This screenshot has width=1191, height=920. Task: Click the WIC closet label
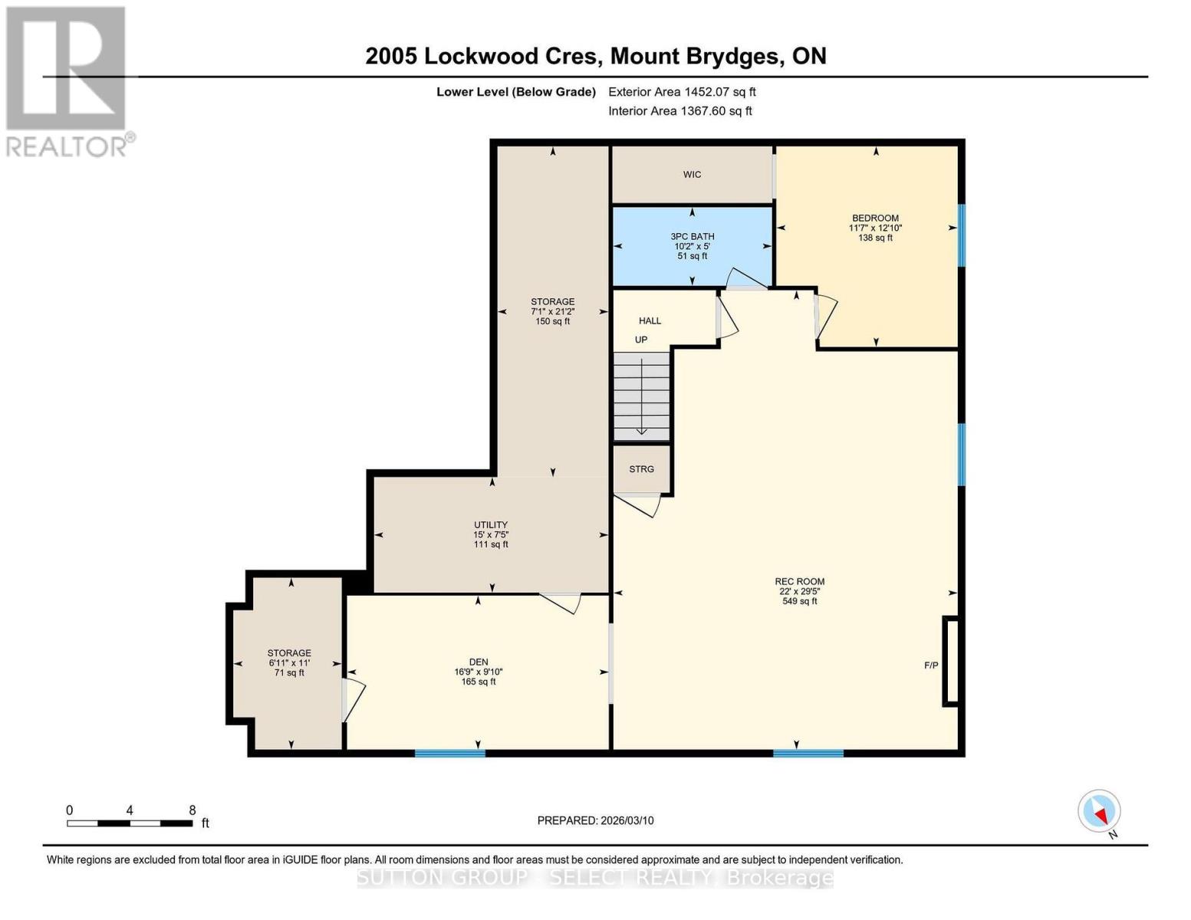(692, 175)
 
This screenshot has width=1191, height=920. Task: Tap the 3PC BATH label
(692, 237)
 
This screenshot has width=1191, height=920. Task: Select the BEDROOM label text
(875, 219)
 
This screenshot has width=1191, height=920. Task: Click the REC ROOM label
(799, 582)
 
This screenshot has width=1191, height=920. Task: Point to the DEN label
(479, 662)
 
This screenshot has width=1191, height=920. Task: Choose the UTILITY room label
(491, 525)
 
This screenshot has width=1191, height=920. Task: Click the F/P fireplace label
(931, 665)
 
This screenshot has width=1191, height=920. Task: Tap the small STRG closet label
(642, 469)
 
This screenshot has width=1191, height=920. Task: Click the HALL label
(650, 321)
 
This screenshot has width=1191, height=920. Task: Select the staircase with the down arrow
(642, 396)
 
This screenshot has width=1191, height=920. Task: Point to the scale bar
(130, 823)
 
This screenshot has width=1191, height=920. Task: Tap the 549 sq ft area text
(799, 602)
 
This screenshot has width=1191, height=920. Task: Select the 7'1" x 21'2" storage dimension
(552, 312)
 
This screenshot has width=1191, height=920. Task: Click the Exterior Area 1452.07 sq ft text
(682, 92)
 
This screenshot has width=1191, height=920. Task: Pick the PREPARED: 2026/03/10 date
(595, 820)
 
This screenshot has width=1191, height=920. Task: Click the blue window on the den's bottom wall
(450, 754)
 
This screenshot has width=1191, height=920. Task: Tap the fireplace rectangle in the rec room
(951, 661)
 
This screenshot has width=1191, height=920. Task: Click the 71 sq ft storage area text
(289, 673)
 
